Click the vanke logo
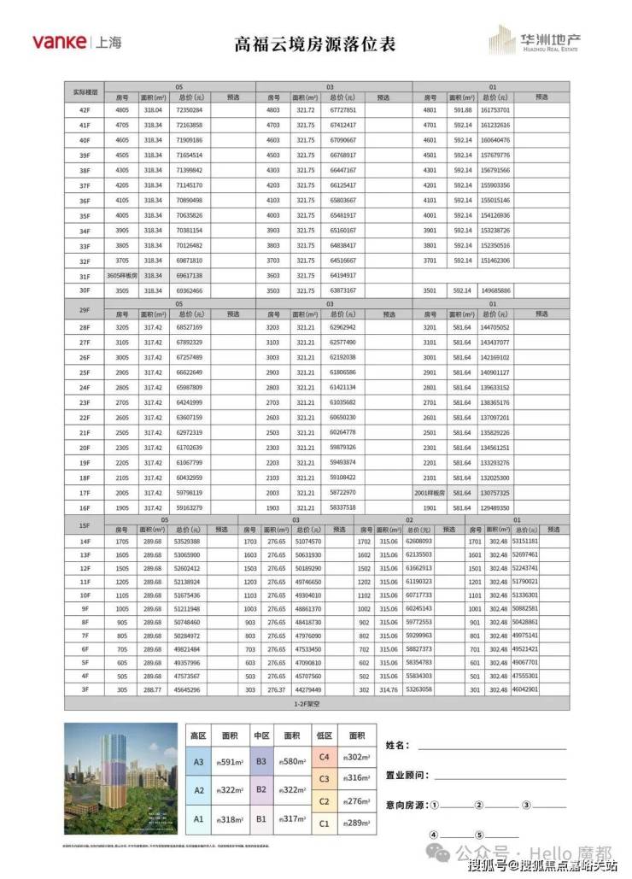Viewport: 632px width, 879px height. [x=60, y=41]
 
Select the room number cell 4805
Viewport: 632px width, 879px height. [x=122, y=110]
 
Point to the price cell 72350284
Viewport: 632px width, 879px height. [x=189, y=110]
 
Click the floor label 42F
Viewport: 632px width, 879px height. [x=84, y=110]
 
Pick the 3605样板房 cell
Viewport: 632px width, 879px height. [x=122, y=276]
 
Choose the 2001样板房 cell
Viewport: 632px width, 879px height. [x=430, y=493]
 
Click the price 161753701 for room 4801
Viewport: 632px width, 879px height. [x=494, y=110]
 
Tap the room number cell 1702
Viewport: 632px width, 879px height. [x=364, y=542]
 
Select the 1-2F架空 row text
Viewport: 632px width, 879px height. [x=318, y=705]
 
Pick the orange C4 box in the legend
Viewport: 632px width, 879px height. [x=325, y=756]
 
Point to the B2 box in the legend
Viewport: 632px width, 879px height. [x=261, y=790]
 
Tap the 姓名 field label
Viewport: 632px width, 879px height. [x=398, y=745]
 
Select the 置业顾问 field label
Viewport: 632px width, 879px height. [x=407, y=775]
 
